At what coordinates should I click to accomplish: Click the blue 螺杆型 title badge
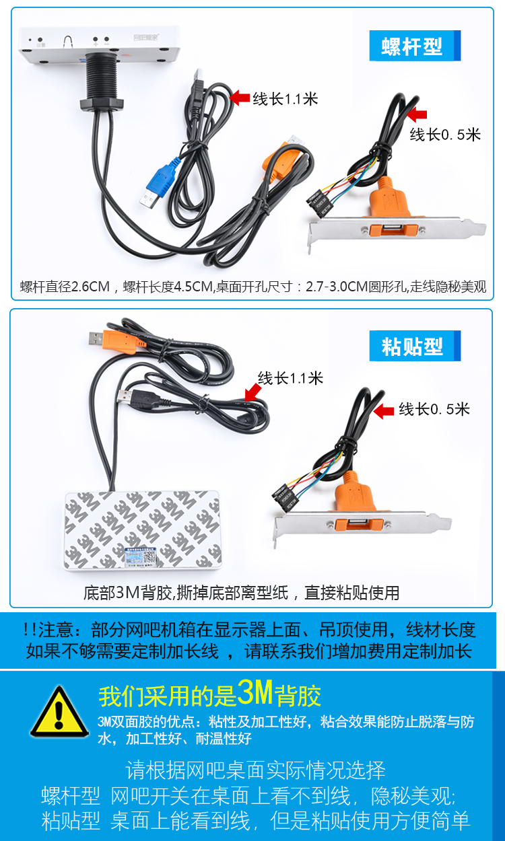pyautogui.click(x=415, y=46)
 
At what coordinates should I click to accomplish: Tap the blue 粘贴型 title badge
pyautogui.click(x=415, y=346)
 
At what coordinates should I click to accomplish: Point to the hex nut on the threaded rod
pyautogui.click(x=102, y=104)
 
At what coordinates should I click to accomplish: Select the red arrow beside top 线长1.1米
pyautogui.click(x=239, y=98)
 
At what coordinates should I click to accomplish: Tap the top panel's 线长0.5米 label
pyautogui.click(x=445, y=135)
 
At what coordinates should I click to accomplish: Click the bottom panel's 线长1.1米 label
pyautogui.click(x=290, y=378)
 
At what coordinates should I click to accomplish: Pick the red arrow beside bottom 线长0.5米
pyautogui.click(x=384, y=411)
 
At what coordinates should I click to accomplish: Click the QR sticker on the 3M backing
pyautogui.click(x=141, y=557)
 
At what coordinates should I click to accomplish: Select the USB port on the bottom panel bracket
pyautogui.click(x=359, y=523)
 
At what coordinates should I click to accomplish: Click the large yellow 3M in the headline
pyautogui.click(x=255, y=693)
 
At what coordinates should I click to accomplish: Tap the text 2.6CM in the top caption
pyautogui.click(x=90, y=287)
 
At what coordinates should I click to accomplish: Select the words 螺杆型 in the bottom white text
pyautogui.click(x=71, y=795)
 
